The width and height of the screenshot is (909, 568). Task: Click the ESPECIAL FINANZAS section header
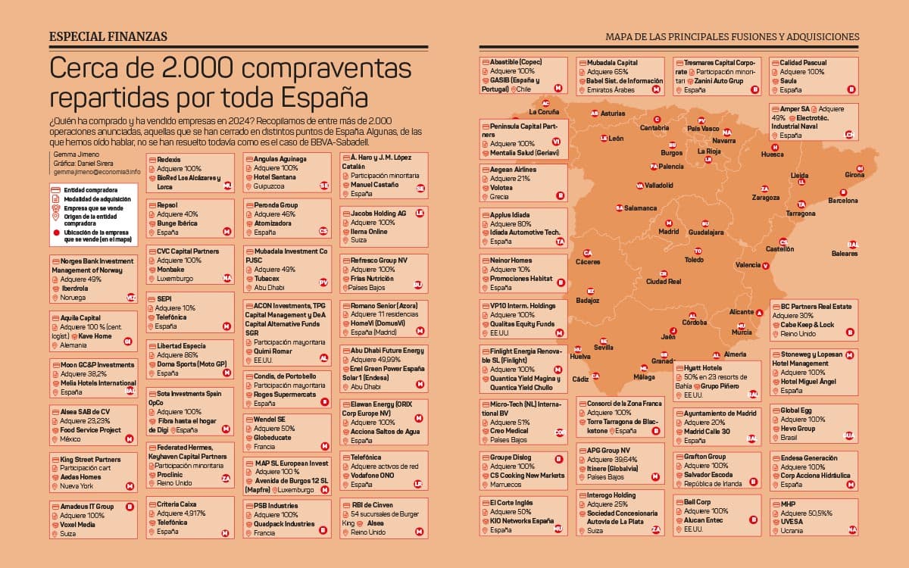(108, 36)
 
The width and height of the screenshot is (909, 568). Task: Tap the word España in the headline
(323, 98)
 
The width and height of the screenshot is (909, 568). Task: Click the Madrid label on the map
(669, 232)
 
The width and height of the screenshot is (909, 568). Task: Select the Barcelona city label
(843, 201)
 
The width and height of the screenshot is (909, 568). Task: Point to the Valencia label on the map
(748, 265)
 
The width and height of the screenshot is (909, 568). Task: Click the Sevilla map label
(604, 348)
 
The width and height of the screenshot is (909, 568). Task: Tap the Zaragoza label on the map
(766, 198)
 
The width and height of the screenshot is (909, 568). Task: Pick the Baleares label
(845, 254)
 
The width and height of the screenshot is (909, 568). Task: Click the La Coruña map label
(544, 112)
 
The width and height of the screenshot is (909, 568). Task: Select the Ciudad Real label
(664, 282)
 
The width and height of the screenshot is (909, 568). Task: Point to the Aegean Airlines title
(514, 170)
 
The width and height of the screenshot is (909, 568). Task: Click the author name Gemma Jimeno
(70, 154)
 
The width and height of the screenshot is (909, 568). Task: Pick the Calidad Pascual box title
(799, 63)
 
